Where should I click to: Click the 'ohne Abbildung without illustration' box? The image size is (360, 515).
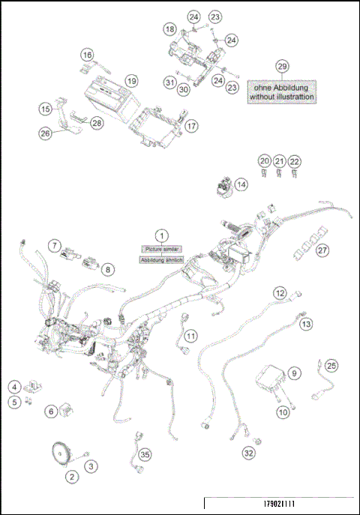click(x=282, y=91)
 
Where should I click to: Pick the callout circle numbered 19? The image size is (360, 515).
click(x=131, y=80)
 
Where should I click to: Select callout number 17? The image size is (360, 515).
click(x=192, y=126)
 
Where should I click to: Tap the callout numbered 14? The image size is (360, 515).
click(x=240, y=184)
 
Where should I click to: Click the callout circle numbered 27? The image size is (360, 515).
click(x=322, y=250)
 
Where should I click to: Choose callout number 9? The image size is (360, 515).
click(x=295, y=372)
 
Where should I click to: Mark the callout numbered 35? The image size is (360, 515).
click(x=145, y=454)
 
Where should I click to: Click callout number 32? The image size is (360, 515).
click(x=248, y=453)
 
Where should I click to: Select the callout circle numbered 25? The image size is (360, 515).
click(x=331, y=365)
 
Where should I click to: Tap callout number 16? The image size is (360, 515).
click(x=88, y=55)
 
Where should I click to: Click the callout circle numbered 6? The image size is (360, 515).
click(x=51, y=410)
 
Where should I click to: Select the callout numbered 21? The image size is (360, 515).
click(x=279, y=161)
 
